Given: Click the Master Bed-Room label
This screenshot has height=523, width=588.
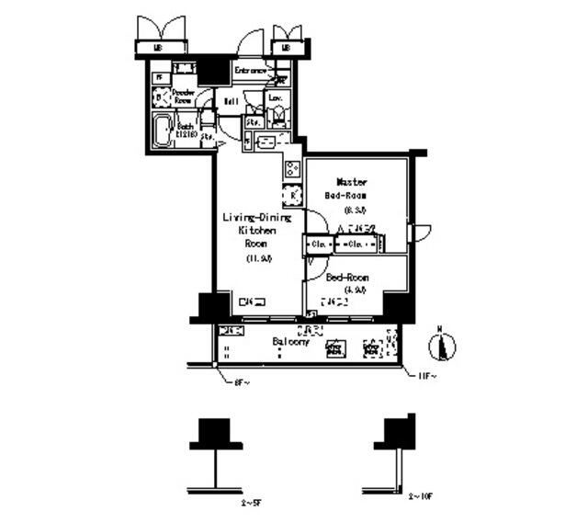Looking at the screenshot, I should coord(352,188).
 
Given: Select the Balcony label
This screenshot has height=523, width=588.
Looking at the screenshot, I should coord(289,341).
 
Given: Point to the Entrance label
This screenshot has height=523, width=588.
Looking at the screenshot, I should coord(250,71).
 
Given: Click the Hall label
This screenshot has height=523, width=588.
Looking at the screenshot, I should coord(232,100).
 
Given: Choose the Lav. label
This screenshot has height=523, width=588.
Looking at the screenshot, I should coord(275,97).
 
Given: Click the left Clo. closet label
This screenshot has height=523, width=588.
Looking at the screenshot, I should coord(318,245).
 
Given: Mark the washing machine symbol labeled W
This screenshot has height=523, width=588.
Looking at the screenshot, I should coord(159,96).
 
